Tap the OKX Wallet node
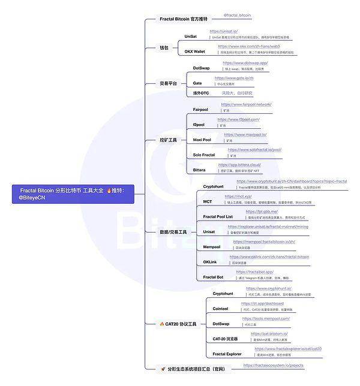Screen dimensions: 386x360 click(194, 52)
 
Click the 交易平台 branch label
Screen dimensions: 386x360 click(168, 83)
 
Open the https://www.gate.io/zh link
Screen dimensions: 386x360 click(233, 78)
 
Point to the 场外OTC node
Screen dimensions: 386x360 click(201, 93)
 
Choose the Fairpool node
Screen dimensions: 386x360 click(201, 109)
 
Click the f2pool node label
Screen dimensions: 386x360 click(199, 125)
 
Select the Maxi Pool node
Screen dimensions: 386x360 click(202, 140)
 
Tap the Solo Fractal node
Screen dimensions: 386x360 click(203, 155)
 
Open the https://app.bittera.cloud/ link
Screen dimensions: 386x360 click(239, 165)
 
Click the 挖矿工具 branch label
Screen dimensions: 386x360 click(168, 140)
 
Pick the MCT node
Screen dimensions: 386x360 click(208, 201)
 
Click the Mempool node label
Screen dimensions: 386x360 click(212, 246)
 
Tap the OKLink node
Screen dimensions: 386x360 click(210, 262)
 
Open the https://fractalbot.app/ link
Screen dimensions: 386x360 click(254, 272)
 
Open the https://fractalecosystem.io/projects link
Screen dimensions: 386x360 click(273, 365)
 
